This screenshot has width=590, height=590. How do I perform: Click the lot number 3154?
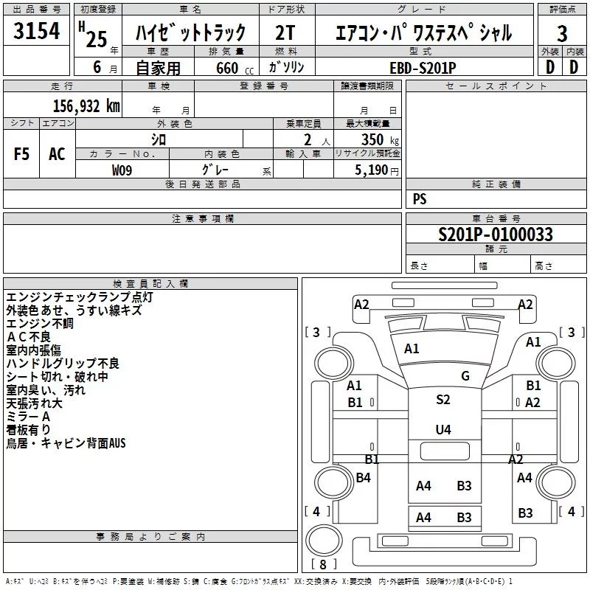36,30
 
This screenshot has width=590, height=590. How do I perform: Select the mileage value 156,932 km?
86,106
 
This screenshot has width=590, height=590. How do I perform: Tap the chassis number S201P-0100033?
496,234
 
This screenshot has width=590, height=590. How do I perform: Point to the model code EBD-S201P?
423,68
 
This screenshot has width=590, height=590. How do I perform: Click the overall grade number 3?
562,33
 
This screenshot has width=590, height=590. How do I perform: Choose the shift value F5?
21,153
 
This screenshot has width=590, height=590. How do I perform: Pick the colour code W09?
122,170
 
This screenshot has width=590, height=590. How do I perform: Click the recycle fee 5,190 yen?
377,170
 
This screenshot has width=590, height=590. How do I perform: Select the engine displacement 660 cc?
235,68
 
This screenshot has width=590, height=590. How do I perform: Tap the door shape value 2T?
285,32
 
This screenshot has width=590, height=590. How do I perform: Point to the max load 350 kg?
380,139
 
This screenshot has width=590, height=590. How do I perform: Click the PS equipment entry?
420,198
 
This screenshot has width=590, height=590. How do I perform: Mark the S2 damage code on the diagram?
443,399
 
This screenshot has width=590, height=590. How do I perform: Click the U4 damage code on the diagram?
443,429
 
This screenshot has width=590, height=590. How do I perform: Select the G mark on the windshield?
465,375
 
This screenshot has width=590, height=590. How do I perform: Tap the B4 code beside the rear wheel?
363,477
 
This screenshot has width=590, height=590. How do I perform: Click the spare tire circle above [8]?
324,541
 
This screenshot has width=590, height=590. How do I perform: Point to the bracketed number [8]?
323,564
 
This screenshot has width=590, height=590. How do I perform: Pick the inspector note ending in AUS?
66,443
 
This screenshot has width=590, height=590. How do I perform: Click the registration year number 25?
97,39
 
